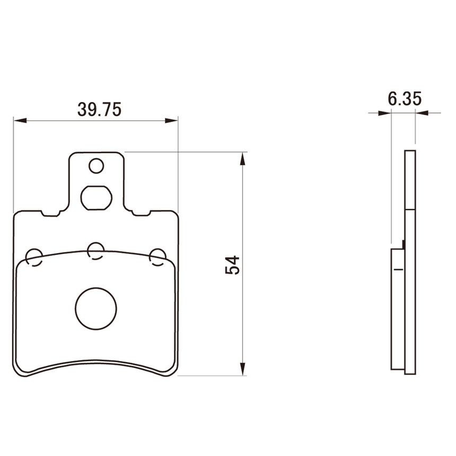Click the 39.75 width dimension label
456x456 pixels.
[99, 110]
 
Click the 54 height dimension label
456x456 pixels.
[232, 265]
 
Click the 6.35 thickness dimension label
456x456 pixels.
[405, 99]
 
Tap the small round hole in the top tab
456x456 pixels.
[97, 166]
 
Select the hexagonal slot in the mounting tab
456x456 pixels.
[97, 198]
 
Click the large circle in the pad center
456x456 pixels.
[96, 309]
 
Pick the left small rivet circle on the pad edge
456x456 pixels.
[34, 257]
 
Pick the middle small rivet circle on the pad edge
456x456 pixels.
[96, 251]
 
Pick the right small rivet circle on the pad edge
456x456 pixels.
[157, 257]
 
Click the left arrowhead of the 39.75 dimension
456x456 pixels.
[20, 120]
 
